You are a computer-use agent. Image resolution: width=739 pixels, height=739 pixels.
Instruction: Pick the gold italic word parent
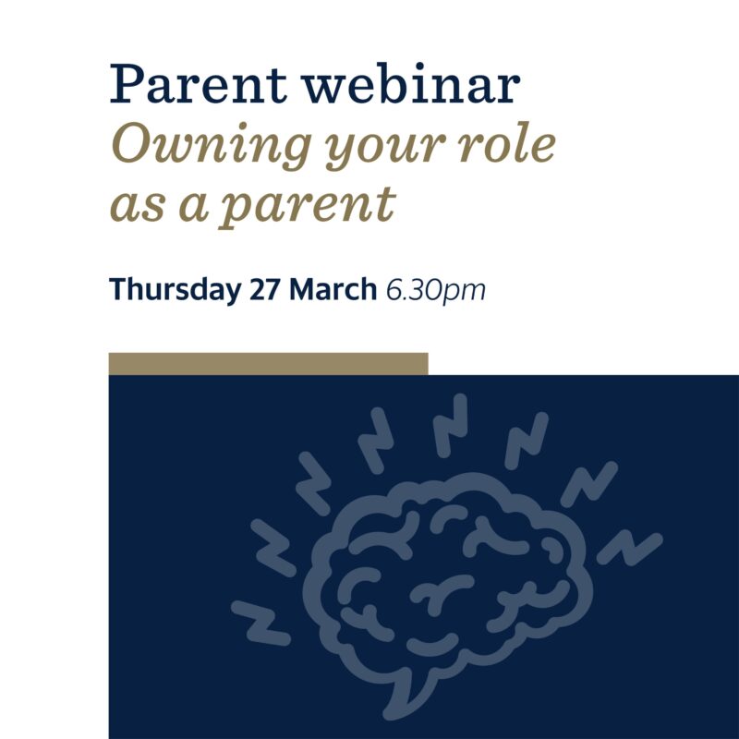(x=307, y=207)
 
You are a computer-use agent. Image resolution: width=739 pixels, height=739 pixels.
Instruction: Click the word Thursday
(x=175, y=289)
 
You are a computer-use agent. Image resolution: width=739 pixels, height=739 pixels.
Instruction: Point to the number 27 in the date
(x=265, y=289)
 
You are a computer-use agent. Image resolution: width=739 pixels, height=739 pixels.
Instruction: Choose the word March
(x=333, y=288)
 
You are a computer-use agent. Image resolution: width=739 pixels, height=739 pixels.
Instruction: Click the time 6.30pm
(x=435, y=290)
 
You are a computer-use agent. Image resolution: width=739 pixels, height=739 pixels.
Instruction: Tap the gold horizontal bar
(x=268, y=364)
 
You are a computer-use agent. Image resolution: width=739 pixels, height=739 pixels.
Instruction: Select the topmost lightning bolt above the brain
(x=450, y=426)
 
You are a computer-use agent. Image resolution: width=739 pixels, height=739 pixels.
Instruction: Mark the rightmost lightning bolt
(x=630, y=548)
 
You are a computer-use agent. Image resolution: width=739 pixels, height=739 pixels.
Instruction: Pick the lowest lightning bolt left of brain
(x=260, y=623)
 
